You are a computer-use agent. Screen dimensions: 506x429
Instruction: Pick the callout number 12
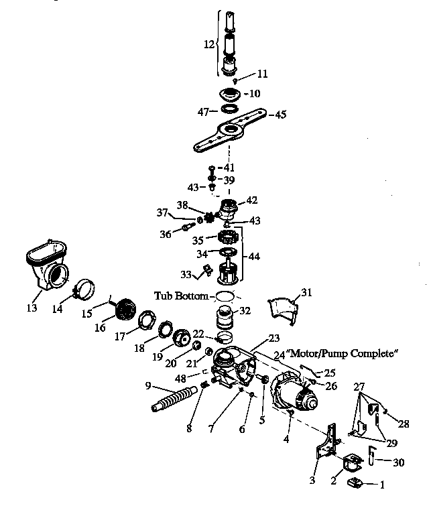tap(210, 44)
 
